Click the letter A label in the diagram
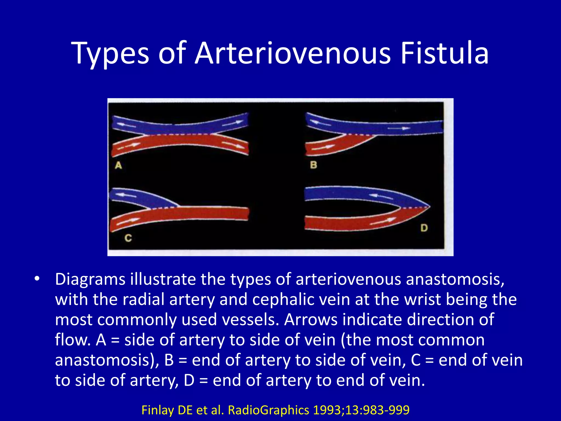tap(118, 166)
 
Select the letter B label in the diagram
tap(313, 165)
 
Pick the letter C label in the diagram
tap(128, 238)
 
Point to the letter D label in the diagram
tap(424, 228)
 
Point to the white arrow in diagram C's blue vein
tap(125, 195)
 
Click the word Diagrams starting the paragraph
tap(90, 279)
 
